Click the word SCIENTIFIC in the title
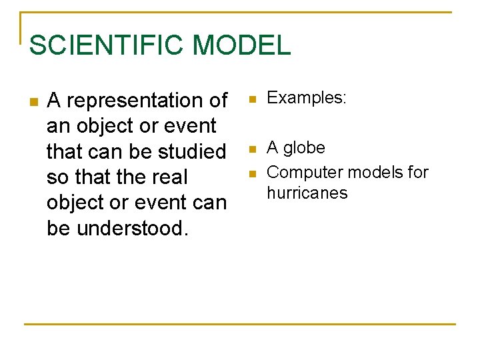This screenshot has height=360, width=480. coord(107,45)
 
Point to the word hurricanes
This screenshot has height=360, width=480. coord(307,193)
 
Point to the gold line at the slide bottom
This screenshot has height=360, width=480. coord(240,324)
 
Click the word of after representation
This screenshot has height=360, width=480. coord(217,101)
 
